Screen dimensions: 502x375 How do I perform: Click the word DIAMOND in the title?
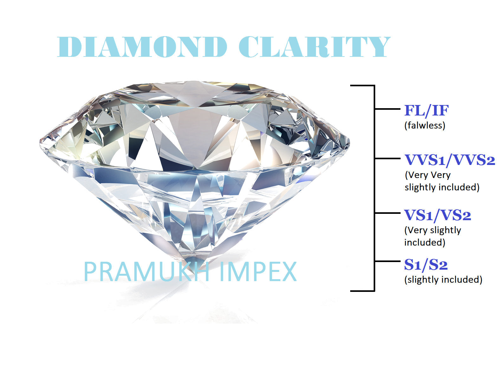tap(142, 47)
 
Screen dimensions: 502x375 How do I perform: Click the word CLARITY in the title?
tap(314, 47)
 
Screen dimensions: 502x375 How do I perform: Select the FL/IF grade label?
tap(426, 111)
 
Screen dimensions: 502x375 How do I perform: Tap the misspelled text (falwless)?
tap(425, 125)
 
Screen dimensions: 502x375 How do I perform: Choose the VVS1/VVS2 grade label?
tap(450, 160)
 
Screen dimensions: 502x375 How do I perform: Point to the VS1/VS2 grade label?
tap(437, 215)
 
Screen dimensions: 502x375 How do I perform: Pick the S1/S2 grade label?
tap(426, 265)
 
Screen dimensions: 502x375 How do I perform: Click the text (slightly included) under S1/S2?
tap(443, 280)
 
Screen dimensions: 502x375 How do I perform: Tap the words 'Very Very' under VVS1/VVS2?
tap(428, 175)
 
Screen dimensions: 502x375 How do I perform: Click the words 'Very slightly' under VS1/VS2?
tap(433, 230)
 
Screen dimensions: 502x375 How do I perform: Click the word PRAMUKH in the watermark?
tap(147, 272)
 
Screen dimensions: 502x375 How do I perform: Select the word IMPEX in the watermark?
tap(258, 272)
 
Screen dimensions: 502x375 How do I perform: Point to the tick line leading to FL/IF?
tap(387, 109)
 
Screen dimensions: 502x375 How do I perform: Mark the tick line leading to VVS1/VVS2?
tap(387, 158)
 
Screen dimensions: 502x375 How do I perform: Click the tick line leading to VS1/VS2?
tap(387, 213)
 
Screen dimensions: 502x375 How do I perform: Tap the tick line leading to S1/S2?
tap(387, 261)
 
